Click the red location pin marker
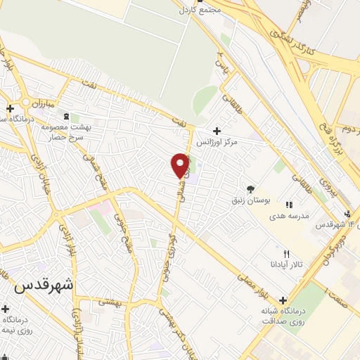(x=181, y=165)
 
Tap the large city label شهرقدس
(x=44, y=287)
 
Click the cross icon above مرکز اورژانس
(x=217, y=131)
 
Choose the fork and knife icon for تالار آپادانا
(x=285, y=254)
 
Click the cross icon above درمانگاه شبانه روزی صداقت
(x=283, y=300)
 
